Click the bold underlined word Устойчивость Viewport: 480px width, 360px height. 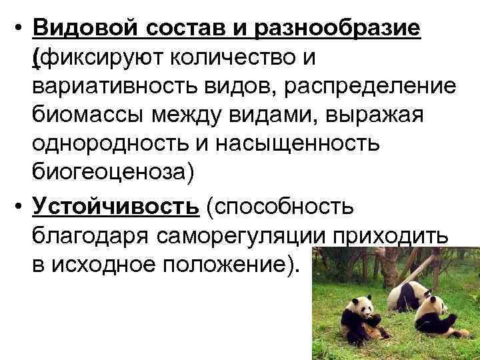(115, 206)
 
